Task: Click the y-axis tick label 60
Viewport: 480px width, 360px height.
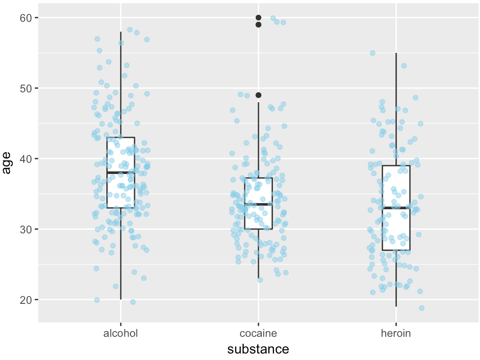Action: click(x=26, y=18)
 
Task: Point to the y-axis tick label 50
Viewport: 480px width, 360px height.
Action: click(x=26, y=88)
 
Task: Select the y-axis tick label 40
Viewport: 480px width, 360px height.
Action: click(x=26, y=159)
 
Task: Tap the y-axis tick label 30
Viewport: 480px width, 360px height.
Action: click(x=26, y=229)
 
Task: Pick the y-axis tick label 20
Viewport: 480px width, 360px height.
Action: click(x=26, y=300)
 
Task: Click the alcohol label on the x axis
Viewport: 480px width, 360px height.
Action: click(x=121, y=334)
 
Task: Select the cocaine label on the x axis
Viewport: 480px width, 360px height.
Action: click(x=258, y=334)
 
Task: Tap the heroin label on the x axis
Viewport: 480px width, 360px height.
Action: click(x=396, y=334)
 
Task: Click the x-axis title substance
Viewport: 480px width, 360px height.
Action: click(x=258, y=349)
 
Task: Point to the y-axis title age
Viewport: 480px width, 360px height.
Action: click(x=7, y=162)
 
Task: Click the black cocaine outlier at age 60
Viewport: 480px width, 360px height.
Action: click(x=259, y=18)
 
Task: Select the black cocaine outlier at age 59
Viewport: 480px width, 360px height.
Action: click(x=259, y=25)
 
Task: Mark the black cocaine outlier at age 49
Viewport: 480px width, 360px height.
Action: click(x=259, y=95)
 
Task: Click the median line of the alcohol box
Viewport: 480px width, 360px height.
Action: click(x=121, y=173)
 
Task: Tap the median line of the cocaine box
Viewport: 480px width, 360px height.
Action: click(x=259, y=204)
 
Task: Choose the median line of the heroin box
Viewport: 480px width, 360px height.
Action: click(x=396, y=208)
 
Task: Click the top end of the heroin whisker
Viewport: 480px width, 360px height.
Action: click(x=396, y=53)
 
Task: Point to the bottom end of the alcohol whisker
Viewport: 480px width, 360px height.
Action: click(x=121, y=299)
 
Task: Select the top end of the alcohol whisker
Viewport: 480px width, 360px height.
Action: click(x=121, y=32)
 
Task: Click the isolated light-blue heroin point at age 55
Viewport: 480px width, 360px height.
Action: click(x=372, y=53)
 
